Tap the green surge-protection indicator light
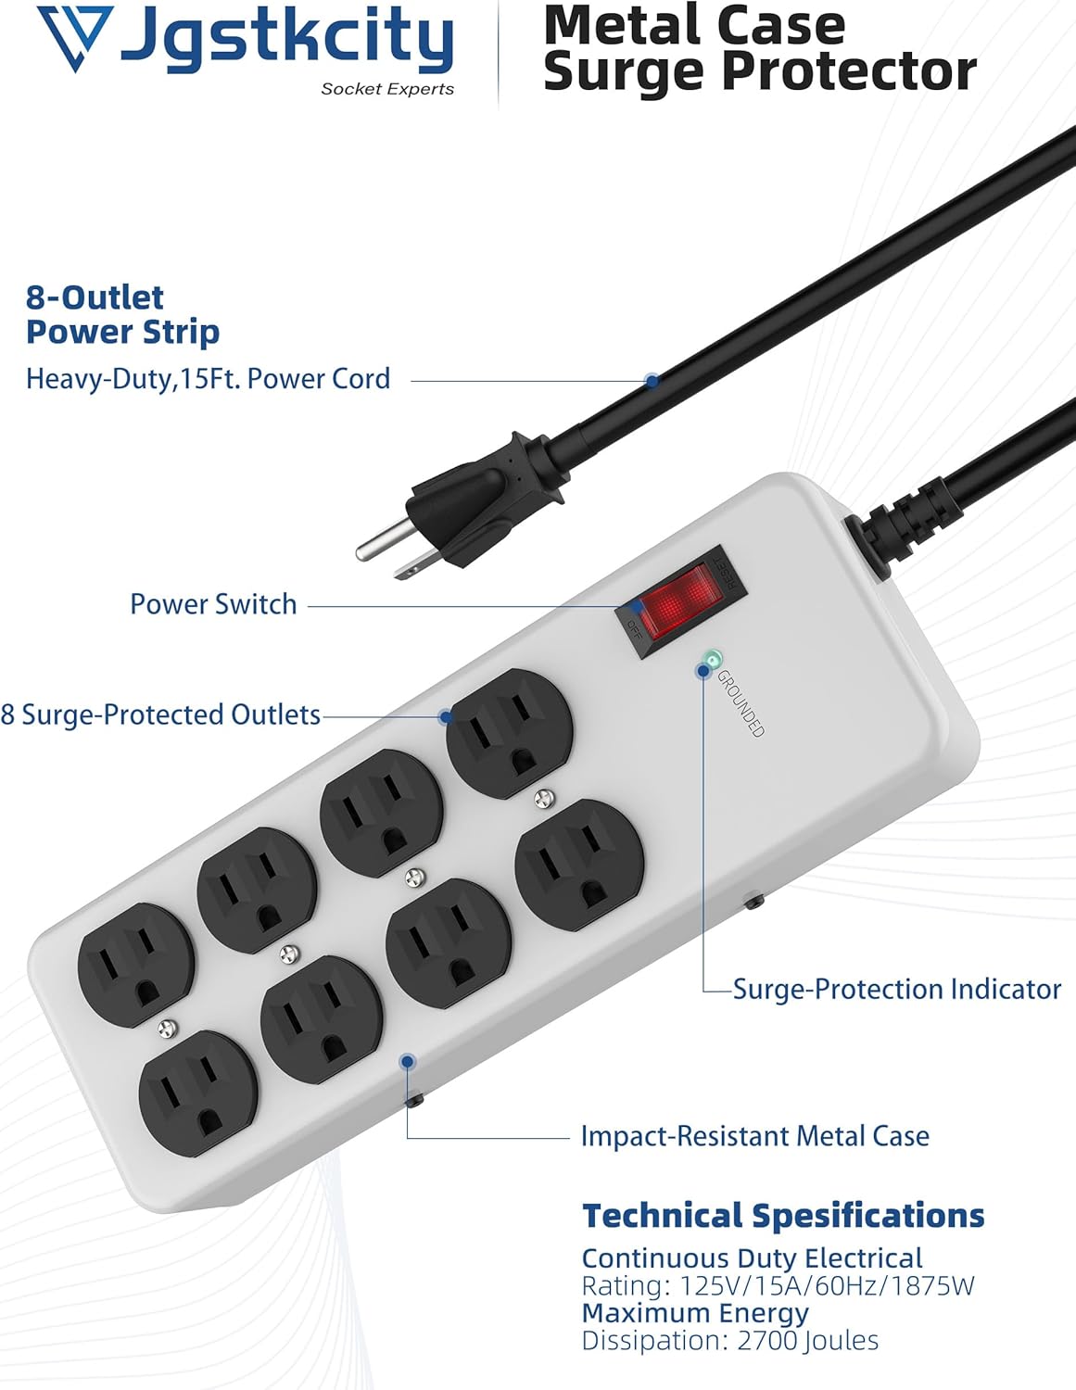tap(712, 660)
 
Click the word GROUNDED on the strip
tap(741, 703)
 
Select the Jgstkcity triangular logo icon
tap(75, 37)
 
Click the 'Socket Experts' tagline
tap(387, 89)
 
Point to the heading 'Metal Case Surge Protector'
tap(758, 48)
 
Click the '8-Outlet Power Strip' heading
tap(122, 314)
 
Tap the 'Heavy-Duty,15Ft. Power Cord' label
tap(208, 379)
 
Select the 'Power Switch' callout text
tap(213, 604)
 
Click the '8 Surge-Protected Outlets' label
tap(160, 714)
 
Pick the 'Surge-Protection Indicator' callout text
tap(896, 989)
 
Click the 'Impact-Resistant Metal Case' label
tap(754, 1136)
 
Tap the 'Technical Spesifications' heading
tap(783, 1215)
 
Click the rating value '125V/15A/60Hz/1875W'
tap(827, 1286)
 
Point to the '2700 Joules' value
tap(807, 1340)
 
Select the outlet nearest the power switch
tap(508, 732)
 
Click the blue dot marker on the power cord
tap(652, 380)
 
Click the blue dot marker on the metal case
tap(407, 1062)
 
